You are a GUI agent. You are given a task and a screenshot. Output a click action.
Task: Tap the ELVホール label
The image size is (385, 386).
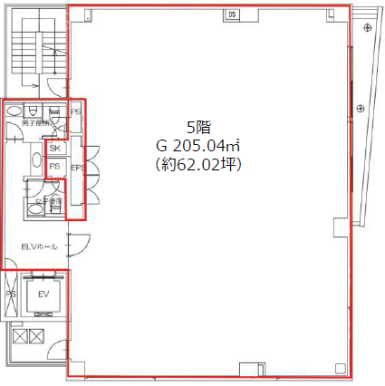[x=39, y=246]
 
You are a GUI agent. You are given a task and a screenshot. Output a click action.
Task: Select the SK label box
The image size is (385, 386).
[x=55, y=148]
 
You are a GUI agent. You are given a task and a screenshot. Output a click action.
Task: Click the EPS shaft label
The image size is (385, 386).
[x=77, y=168]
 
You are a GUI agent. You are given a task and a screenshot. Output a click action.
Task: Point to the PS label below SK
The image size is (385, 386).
[x=55, y=167]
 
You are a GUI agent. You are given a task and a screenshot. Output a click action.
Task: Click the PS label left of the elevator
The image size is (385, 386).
[x=11, y=294]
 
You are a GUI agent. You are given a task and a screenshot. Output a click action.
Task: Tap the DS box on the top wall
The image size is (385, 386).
[x=232, y=14]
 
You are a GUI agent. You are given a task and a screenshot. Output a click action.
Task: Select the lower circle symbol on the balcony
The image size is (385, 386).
[x=361, y=110]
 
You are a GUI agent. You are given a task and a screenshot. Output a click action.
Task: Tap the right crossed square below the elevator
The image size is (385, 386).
[x=36, y=337]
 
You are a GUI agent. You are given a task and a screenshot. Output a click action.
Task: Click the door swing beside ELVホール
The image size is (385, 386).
[x=78, y=244]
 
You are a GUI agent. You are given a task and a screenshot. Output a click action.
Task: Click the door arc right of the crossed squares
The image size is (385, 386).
[x=58, y=350]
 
